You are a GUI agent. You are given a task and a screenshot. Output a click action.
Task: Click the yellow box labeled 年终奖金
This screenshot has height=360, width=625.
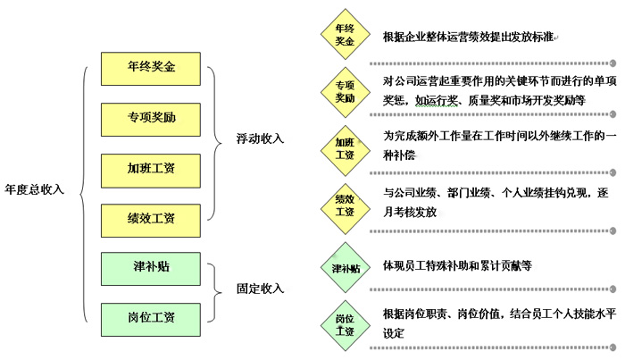(x=151, y=67)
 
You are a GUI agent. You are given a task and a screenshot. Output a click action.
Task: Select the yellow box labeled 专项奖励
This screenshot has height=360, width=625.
(x=151, y=117)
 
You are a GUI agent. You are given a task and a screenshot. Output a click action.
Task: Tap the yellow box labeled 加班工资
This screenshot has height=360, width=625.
(x=151, y=167)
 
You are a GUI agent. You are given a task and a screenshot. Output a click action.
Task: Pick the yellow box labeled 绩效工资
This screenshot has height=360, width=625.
(x=151, y=217)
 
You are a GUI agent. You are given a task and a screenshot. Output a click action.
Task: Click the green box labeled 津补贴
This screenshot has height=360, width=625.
(x=151, y=267)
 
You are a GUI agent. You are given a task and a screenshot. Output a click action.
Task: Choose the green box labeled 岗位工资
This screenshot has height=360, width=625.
(x=151, y=317)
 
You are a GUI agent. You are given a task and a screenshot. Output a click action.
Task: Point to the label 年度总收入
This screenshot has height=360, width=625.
(x=35, y=189)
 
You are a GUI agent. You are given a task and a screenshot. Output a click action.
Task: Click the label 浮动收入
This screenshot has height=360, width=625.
(x=260, y=139)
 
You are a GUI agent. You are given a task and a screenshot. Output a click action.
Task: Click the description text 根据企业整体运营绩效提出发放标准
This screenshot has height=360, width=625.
(x=468, y=38)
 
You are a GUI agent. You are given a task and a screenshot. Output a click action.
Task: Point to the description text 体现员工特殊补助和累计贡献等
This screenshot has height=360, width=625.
(x=457, y=266)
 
